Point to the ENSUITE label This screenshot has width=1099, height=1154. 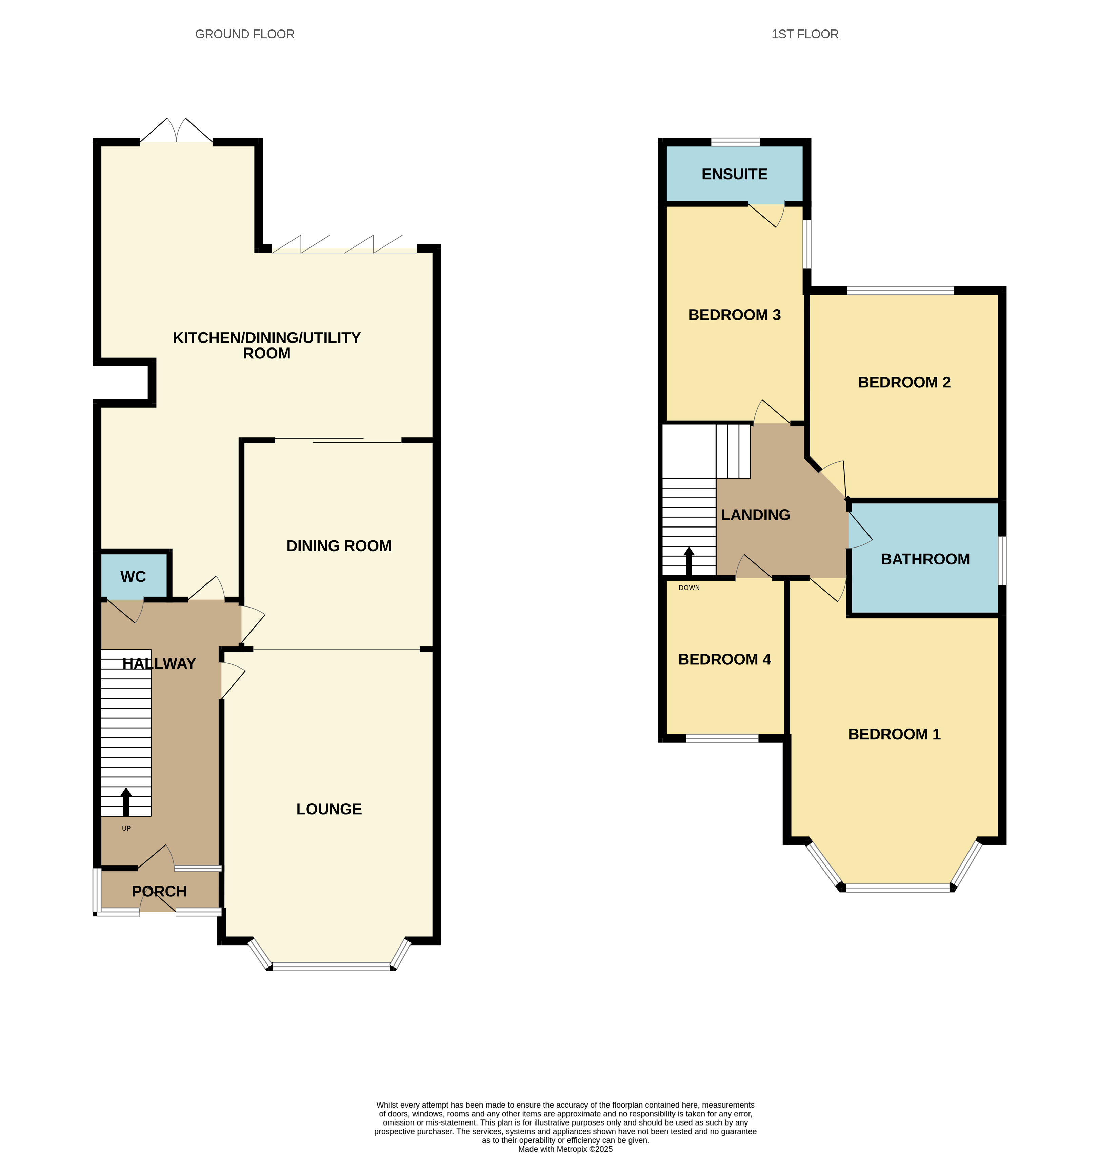pos(735,174)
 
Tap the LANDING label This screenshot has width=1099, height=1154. pos(755,515)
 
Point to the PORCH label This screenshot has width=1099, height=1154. pos(159,892)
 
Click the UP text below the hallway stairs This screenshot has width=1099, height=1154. pos(126,828)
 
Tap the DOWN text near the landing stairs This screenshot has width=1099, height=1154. pos(689,588)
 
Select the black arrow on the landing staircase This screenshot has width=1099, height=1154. pos(689,561)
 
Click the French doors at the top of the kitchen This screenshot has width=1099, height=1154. pos(176,130)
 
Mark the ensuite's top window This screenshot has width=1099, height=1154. pos(735,142)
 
